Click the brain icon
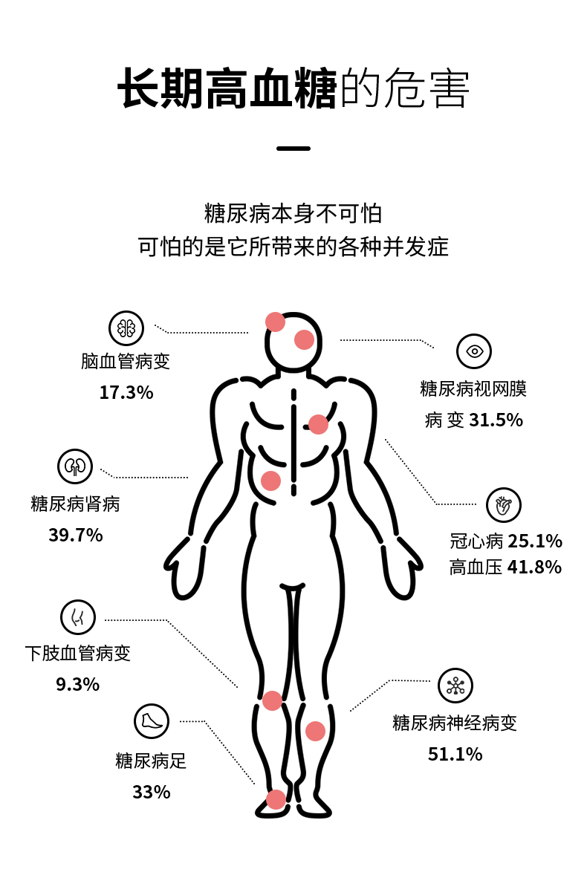126,328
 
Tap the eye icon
474,351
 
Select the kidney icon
75,466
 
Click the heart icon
504,505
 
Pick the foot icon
152,721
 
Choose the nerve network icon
455,686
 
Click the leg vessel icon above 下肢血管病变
78,617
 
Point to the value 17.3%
126,393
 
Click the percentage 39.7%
76,535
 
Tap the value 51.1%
455,755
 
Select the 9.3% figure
78,684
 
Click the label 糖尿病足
151,761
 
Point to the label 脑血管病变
126,362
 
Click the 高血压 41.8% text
505,567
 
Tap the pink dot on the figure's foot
276,799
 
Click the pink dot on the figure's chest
318,424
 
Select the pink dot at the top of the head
276,322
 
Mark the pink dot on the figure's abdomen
271,481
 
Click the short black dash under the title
293,149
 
